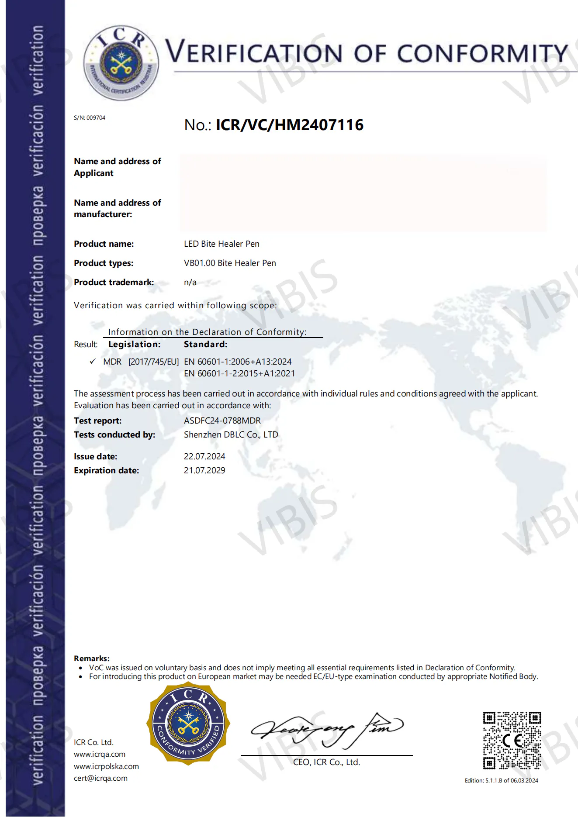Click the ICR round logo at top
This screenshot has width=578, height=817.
pyautogui.click(x=121, y=62)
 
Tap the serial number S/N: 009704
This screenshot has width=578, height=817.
pyautogui.click(x=90, y=117)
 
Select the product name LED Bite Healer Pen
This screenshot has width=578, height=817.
pyautogui.click(x=222, y=244)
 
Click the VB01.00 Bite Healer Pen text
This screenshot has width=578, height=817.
pyautogui.click(x=230, y=263)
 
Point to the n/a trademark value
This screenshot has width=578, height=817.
pyautogui.click(x=190, y=282)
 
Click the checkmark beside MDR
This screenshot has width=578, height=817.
pyautogui.click(x=93, y=362)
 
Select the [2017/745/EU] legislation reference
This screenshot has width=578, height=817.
pyautogui.click(x=153, y=362)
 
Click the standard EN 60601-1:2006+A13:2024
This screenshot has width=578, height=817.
pyautogui.click(x=238, y=362)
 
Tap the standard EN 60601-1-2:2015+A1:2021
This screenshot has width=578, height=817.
pyautogui.click(x=239, y=373)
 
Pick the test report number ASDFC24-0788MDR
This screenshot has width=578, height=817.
pyautogui.click(x=222, y=421)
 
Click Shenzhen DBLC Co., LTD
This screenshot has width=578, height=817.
pyautogui.click(x=231, y=434)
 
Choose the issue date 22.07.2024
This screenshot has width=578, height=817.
pyautogui.click(x=204, y=456)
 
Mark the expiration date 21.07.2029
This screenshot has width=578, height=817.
pyautogui.click(x=204, y=470)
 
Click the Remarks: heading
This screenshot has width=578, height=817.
pyautogui.click(x=92, y=658)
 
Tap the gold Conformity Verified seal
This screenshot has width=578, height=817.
pyautogui.click(x=188, y=724)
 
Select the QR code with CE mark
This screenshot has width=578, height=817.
pyautogui.click(x=512, y=740)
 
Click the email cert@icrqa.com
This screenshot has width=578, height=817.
pyautogui.click(x=100, y=778)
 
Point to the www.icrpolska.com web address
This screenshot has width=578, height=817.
pyautogui.click(x=106, y=766)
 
